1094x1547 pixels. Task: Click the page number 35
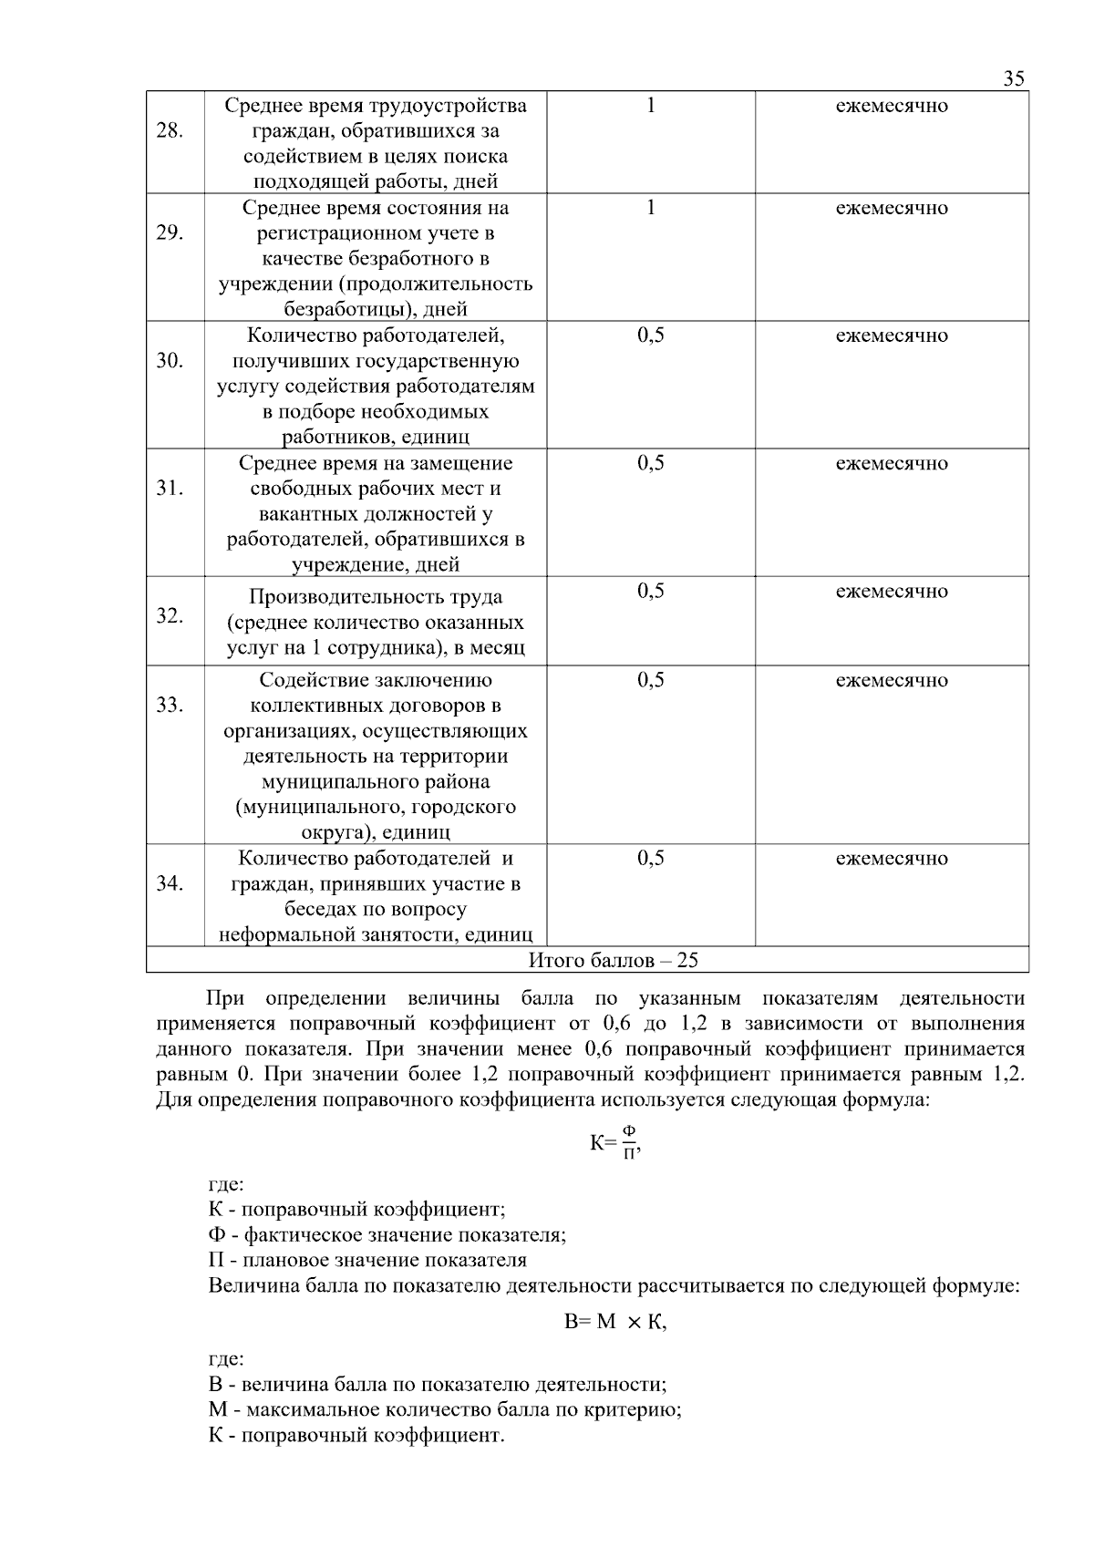click(x=1013, y=78)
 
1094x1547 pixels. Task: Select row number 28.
click(x=170, y=130)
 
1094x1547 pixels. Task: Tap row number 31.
click(x=170, y=488)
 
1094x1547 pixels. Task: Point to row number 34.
click(x=170, y=883)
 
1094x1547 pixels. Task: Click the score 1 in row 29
click(x=650, y=208)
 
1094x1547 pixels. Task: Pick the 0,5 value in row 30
click(x=650, y=335)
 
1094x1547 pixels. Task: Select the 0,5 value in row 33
click(x=650, y=680)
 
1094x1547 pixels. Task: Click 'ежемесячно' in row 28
click(x=892, y=106)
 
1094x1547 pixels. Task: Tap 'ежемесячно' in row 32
click(x=892, y=591)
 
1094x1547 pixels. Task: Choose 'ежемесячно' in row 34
click(x=892, y=858)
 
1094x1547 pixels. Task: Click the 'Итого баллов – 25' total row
click(x=613, y=960)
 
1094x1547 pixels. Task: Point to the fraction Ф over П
click(x=629, y=1143)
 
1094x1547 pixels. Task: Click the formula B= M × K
click(x=614, y=1322)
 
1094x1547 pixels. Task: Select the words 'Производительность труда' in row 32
click(x=376, y=597)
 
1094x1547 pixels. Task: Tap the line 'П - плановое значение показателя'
click(x=367, y=1260)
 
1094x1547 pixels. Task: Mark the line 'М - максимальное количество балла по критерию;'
click(x=445, y=1409)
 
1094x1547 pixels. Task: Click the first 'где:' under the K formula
click(x=225, y=1184)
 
